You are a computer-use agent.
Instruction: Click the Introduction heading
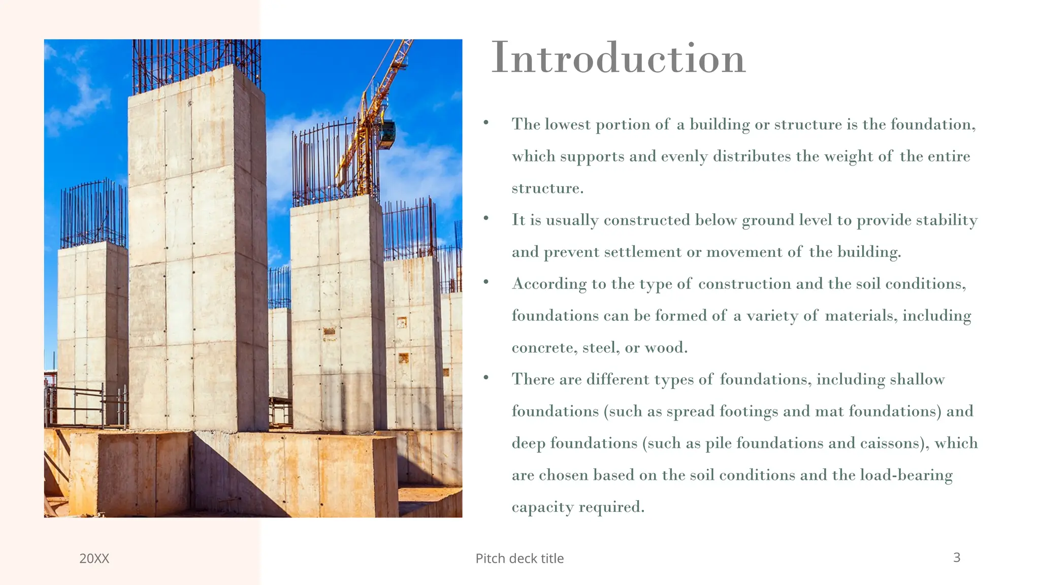[618, 58]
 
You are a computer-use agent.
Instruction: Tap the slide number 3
[957, 558]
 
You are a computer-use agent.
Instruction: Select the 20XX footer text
[94, 559]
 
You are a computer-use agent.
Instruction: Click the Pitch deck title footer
[519, 559]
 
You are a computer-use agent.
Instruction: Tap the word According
[549, 284]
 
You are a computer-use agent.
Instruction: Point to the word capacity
[542, 507]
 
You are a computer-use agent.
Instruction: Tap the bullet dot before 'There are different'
[486, 377]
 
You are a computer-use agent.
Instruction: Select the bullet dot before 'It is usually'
[486, 218]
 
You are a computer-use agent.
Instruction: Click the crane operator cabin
[387, 134]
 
